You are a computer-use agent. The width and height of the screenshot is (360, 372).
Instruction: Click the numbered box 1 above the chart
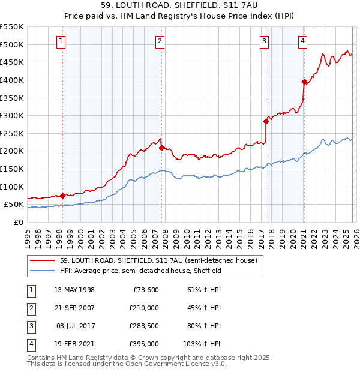(x=62, y=41)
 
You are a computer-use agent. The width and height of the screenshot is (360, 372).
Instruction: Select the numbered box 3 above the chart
(x=265, y=41)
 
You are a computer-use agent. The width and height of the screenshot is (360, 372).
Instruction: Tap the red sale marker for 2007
(x=161, y=148)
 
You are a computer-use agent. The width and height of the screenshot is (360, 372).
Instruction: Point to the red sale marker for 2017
(x=265, y=121)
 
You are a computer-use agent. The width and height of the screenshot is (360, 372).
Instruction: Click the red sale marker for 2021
(x=304, y=82)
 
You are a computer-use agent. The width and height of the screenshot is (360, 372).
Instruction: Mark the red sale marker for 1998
(x=62, y=196)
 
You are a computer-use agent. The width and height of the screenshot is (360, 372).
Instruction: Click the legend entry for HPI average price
(x=141, y=271)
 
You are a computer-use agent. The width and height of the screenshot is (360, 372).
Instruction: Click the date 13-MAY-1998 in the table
(x=74, y=290)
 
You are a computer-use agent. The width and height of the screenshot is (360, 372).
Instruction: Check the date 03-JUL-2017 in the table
(x=74, y=326)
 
